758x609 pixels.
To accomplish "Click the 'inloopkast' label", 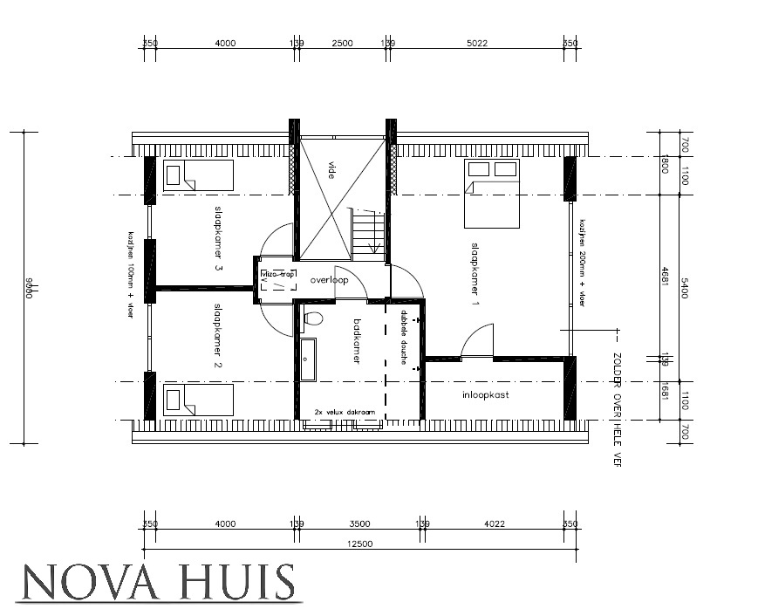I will (x=485, y=395).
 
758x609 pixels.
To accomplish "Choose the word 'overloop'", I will (x=327, y=280).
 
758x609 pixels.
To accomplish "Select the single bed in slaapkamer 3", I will (x=198, y=174).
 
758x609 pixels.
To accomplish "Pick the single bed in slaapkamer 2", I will (x=198, y=401).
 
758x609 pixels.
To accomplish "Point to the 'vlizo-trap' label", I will (x=278, y=274).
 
